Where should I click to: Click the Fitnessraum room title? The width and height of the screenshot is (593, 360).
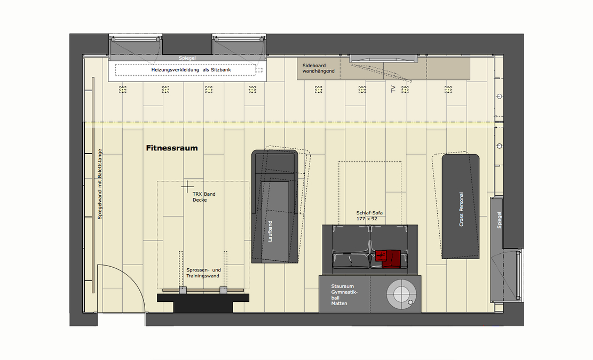tap(172, 148)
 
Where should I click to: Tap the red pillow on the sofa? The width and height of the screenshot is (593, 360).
tap(388, 258)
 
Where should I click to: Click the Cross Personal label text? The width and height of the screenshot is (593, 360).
tap(461, 209)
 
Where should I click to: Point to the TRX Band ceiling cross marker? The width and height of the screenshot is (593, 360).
tap(186, 186)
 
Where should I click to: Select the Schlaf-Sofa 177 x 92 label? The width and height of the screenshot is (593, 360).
tap(370, 215)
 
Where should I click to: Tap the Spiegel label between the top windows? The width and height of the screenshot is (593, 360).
tap(187, 57)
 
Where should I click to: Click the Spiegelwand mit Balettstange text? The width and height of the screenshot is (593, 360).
tap(99, 187)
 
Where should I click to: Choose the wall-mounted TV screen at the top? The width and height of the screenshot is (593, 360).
tap(383, 58)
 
